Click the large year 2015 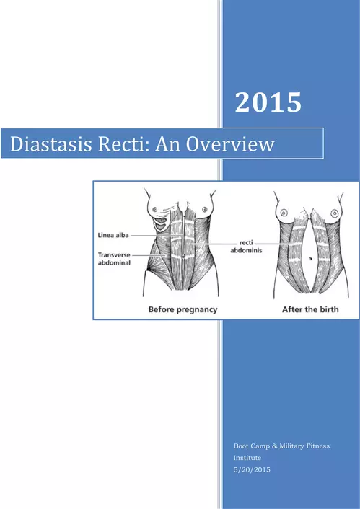(268, 102)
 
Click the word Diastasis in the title (51, 143)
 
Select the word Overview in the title (230, 143)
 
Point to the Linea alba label (113, 235)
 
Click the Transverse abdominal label (114, 259)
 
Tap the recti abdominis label (246, 247)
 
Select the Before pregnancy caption (183, 310)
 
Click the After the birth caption (310, 309)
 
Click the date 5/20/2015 (252, 469)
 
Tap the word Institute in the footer (247, 458)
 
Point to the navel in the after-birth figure (310, 259)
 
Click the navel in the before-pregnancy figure (183, 257)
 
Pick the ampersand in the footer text (275, 446)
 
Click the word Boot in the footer (241, 446)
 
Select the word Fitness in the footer (319, 446)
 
